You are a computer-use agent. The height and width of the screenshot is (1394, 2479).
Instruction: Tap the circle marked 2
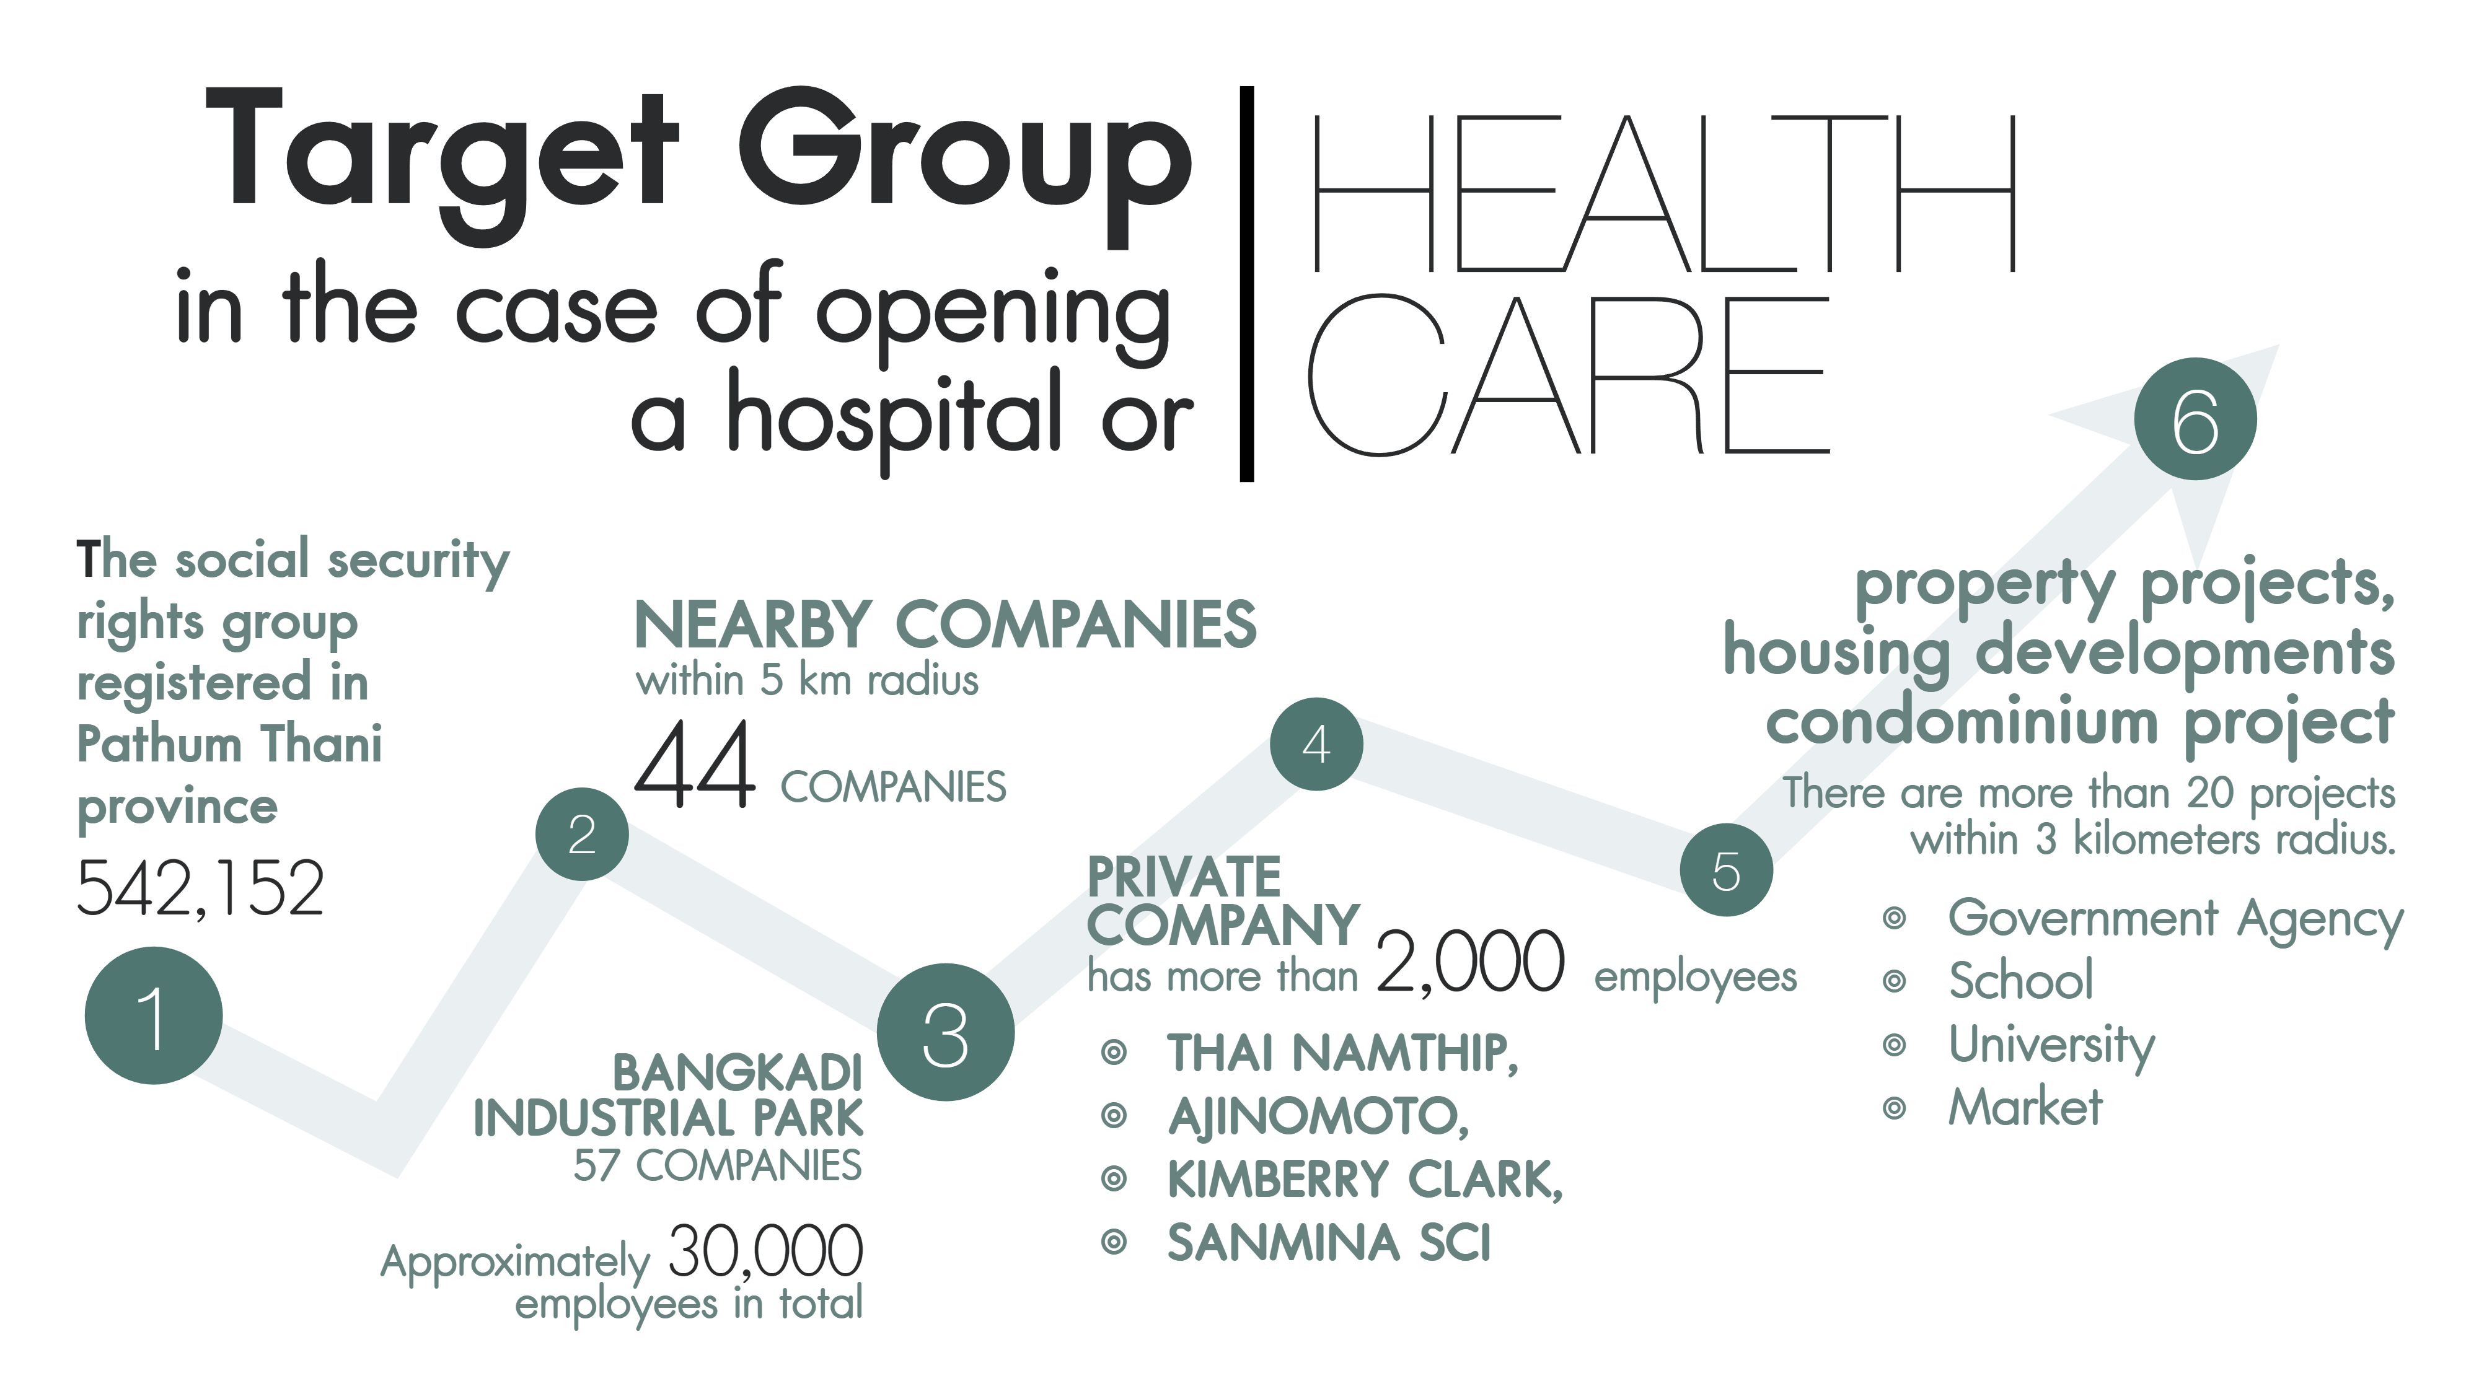click(x=582, y=834)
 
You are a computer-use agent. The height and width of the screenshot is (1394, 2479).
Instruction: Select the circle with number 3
click(x=946, y=1032)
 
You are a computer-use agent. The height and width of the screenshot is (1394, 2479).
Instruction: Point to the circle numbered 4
click(x=1316, y=743)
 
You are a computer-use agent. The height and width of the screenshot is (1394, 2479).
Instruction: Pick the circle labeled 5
click(x=1727, y=870)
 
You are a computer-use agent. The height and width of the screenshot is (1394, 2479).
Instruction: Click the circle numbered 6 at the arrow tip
click(x=2195, y=419)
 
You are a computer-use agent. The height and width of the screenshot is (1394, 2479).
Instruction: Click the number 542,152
click(x=200, y=888)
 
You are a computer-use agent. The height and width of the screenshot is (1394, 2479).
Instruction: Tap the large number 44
click(x=695, y=765)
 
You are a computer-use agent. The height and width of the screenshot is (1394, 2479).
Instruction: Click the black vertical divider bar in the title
click(x=1247, y=284)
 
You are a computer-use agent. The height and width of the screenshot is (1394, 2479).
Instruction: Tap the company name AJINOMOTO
click(x=1318, y=1116)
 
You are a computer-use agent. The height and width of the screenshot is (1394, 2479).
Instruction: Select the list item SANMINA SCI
click(x=1329, y=1242)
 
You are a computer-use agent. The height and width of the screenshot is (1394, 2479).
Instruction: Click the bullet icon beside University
click(x=1894, y=1045)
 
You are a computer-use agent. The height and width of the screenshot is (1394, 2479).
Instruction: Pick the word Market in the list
click(x=2026, y=1107)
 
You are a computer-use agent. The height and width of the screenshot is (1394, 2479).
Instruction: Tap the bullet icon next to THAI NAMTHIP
click(x=1114, y=1053)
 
